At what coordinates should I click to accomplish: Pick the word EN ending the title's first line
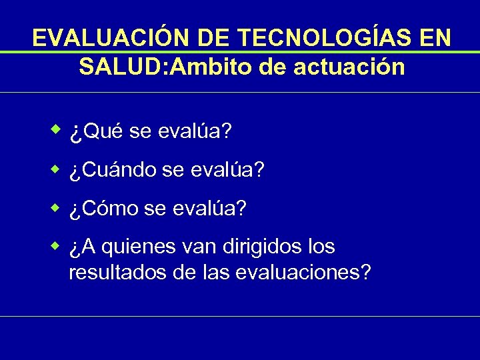coord(435,38)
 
